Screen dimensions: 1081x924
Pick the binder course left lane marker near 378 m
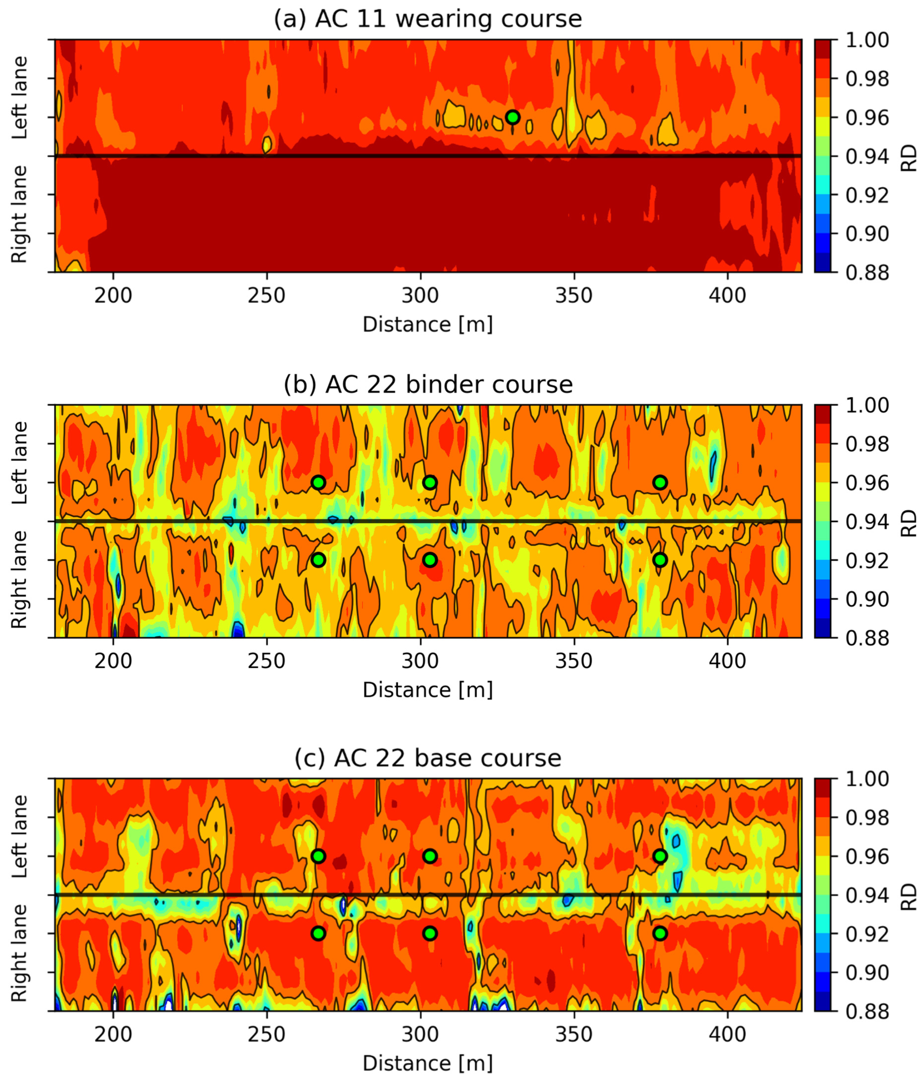tap(660, 483)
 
